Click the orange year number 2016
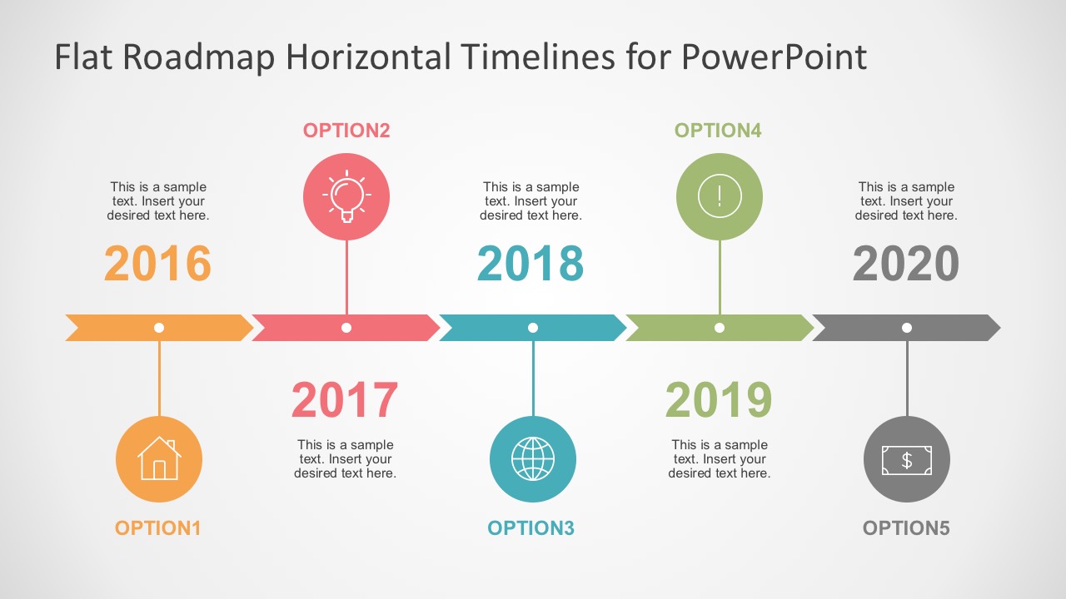[157, 264]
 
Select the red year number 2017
[345, 400]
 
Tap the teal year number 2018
[531, 264]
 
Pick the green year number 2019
[719, 400]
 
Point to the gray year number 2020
[906, 264]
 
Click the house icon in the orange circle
[159, 459]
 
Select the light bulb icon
[346, 196]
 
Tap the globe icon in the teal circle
[533, 459]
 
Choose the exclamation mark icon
[720, 196]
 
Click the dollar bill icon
[907, 459]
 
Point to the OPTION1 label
[158, 528]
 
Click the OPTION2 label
[346, 131]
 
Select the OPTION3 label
[531, 528]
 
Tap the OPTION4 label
[718, 131]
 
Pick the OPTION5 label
[906, 528]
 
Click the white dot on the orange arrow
[159, 328]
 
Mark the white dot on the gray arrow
[907, 328]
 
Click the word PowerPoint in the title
[774, 57]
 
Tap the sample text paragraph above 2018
[531, 201]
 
